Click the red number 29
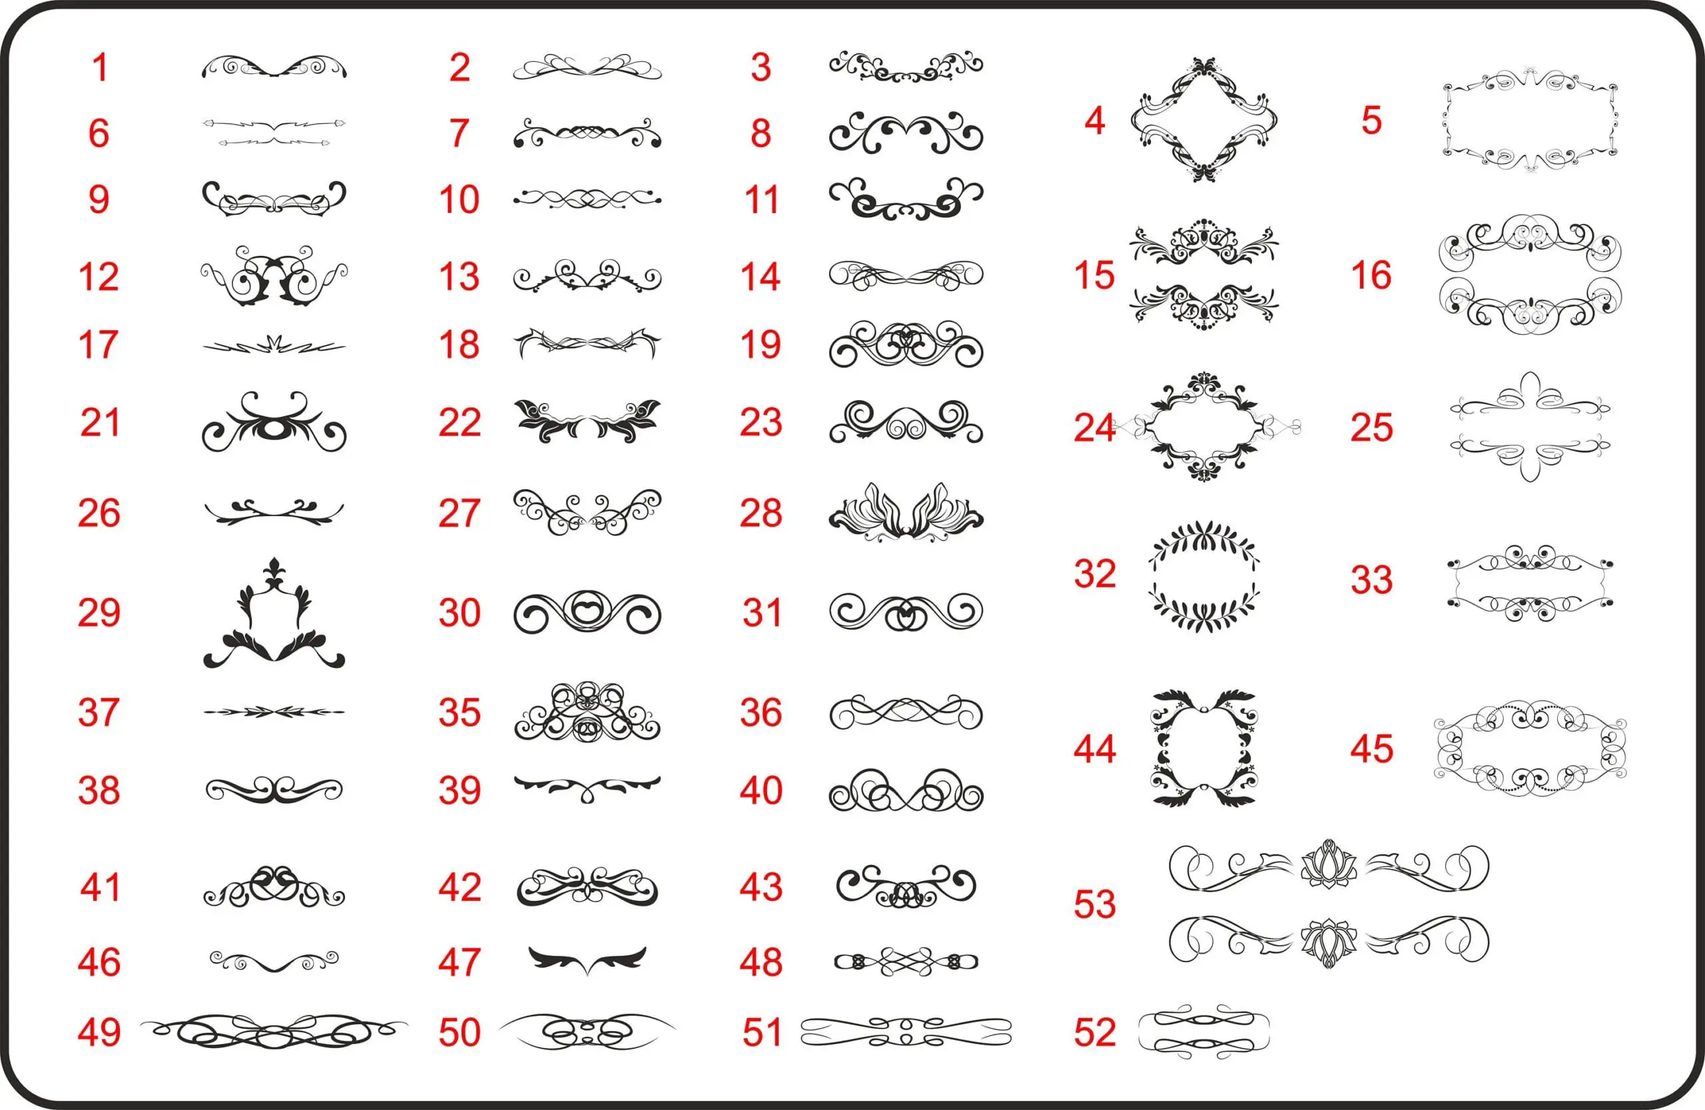tap(99, 613)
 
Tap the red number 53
tap(1095, 904)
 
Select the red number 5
tap(1371, 121)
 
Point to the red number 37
tap(99, 712)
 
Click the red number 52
tap(1095, 1032)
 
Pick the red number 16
tap(1371, 275)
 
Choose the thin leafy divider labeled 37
tap(274, 712)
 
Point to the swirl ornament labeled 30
tap(587, 613)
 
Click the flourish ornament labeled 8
tap(906, 133)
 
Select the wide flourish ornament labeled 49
tap(274, 1031)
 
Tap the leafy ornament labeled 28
tap(906, 512)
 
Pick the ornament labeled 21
tap(274, 423)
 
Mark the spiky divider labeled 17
tap(274, 346)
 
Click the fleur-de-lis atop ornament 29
tap(274, 571)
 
